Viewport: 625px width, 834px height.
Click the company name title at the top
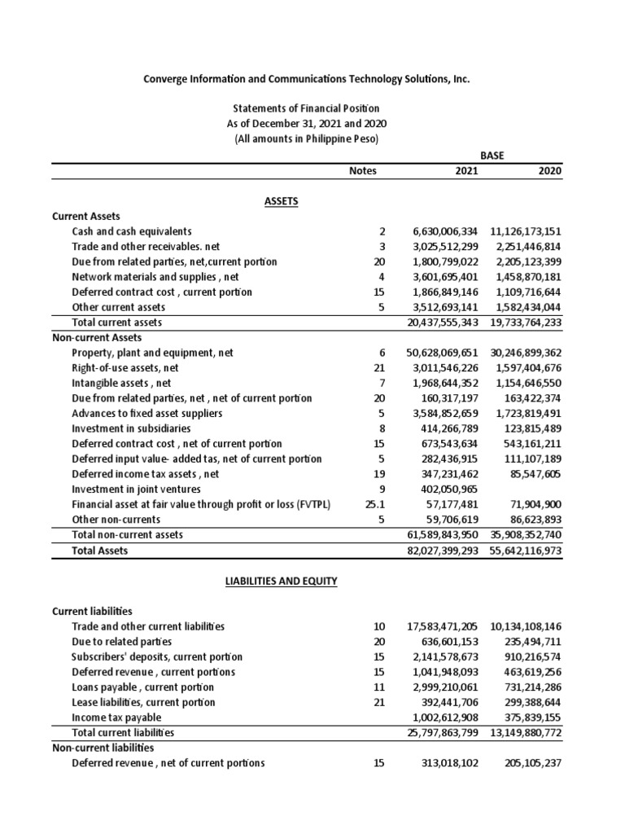[x=306, y=79]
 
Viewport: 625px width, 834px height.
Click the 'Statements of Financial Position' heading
[x=306, y=108]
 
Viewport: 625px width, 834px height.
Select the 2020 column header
[x=550, y=171]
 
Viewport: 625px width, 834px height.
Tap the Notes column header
[x=363, y=171]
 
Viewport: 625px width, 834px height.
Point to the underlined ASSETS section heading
[x=282, y=201]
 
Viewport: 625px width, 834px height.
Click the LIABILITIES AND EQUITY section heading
[x=282, y=581]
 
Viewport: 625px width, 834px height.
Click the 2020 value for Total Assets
[x=527, y=551]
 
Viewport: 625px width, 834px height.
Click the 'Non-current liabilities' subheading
[x=103, y=748]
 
